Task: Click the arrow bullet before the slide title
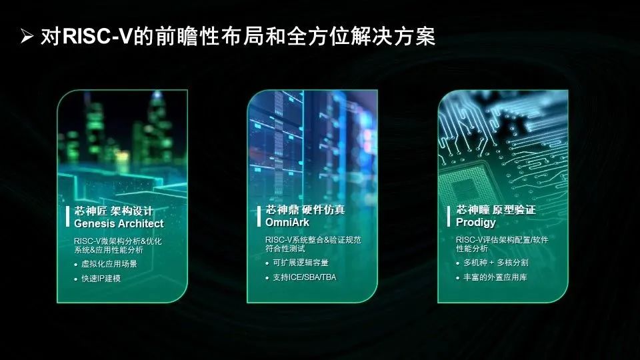tap(27, 37)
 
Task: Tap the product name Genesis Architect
tap(119, 223)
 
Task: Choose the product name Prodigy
tap(476, 221)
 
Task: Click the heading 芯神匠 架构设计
tap(113, 211)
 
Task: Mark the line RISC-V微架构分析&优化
tap(118, 241)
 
